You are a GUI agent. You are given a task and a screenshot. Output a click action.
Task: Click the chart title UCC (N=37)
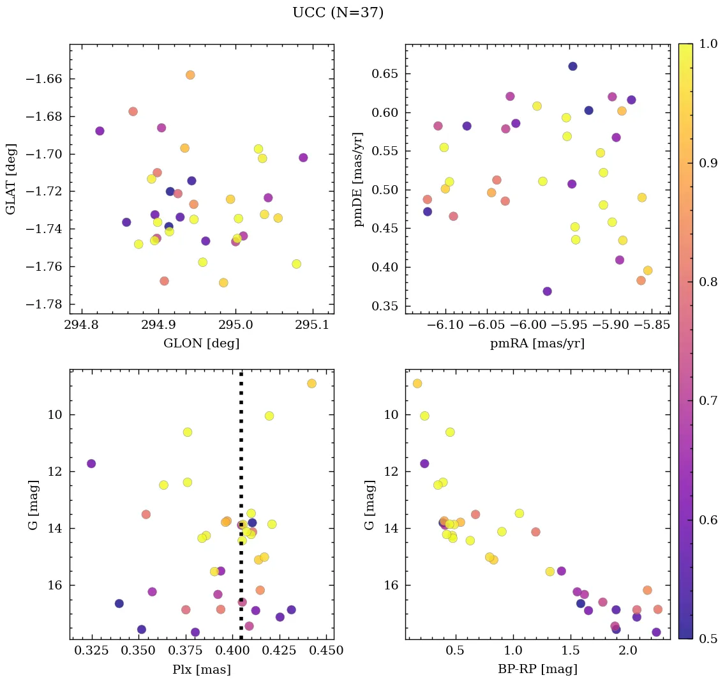pyautogui.click(x=338, y=13)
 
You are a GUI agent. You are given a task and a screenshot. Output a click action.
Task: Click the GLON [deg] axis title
pyautogui.click(x=201, y=344)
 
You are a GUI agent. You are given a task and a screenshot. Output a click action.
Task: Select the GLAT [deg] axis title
pyautogui.click(x=11, y=179)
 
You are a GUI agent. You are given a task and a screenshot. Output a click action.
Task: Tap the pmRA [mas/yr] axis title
pyautogui.click(x=537, y=344)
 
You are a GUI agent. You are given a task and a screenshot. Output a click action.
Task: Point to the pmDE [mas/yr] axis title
pyautogui.click(x=358, y=179)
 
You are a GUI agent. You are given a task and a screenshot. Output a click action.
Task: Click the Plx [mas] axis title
pyautogui.click(x=201, y=670)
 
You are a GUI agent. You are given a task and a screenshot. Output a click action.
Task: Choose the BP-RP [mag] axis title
pyautogui.click(x=537, y=670)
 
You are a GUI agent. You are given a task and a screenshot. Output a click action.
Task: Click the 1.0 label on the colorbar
pyautogui.click(x=709, y=44)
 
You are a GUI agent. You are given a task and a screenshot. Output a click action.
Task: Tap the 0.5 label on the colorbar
pyautogui.click(x=709, y=639)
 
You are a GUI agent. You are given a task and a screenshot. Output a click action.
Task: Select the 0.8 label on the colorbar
pyautogui.click(x=709, y=282)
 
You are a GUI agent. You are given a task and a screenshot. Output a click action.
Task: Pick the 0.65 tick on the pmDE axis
pyautogui.click(x=385, y=74)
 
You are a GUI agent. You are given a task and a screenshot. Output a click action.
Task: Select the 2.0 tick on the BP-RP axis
pyautogui.click(x=629, y=651)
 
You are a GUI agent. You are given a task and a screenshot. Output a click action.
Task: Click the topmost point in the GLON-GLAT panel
pyautogui.click(x=190, y=75)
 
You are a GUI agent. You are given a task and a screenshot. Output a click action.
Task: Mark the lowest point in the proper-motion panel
pyautogui.click(x=547, y=291)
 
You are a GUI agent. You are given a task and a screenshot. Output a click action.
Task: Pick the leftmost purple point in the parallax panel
pyautogui.click(x=91, y=464)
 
